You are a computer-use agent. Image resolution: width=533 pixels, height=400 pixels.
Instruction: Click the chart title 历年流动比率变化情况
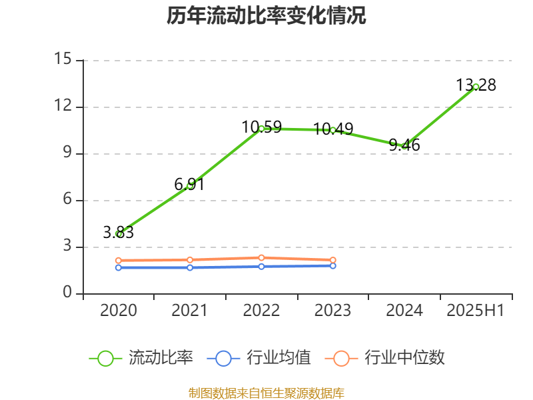click(266, 16)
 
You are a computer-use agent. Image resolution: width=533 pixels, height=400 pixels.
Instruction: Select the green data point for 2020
click(119, 234)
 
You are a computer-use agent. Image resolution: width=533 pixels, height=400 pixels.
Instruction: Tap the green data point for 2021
click(190, 185)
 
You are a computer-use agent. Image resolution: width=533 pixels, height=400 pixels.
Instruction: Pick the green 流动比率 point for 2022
click(261, 128)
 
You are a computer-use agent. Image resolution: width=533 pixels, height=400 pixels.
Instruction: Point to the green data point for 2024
click(404, 146)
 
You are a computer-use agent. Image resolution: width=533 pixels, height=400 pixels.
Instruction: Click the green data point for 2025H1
click(476, 87)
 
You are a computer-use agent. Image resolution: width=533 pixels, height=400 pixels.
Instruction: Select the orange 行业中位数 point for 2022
click(261, 257)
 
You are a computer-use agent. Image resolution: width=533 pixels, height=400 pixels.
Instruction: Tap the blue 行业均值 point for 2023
click(333, 265)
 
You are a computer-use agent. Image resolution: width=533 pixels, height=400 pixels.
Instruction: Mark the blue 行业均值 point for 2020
click(119, 267)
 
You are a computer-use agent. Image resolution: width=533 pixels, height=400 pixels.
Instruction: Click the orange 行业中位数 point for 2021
click(190, 260)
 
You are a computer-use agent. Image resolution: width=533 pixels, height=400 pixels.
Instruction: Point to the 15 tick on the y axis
click(63, 60)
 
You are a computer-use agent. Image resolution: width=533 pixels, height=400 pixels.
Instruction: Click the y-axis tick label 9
click(67, 153)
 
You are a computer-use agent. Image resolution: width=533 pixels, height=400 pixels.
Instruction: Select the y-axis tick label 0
click(67, 293)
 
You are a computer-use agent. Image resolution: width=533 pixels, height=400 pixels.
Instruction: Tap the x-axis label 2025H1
click(476, 311)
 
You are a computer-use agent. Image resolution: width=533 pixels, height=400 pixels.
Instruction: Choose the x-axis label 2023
click(333, 311)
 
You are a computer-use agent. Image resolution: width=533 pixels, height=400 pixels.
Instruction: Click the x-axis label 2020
click(119, 311)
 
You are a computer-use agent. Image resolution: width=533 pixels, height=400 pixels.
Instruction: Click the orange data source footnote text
click(266, 393)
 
